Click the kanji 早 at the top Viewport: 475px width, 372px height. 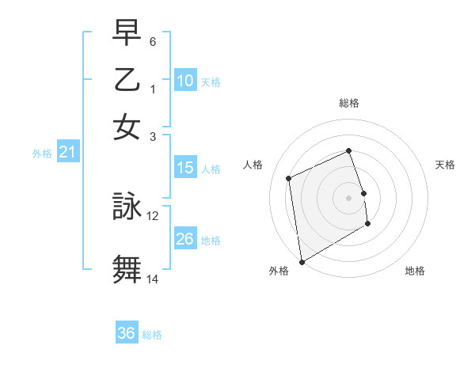127,33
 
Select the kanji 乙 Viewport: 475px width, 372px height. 127,80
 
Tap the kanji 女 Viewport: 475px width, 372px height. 127,127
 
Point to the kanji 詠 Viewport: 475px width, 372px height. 127,206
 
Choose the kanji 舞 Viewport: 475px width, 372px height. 127,268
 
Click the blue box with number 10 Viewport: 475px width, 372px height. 184,81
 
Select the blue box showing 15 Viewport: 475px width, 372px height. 184,168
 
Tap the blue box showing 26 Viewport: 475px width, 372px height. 184,239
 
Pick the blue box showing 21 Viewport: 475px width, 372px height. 67,153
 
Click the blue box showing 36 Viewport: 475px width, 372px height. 126,333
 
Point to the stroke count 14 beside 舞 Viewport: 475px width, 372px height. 153,278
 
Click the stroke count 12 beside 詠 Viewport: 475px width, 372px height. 153,215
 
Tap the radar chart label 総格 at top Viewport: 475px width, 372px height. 349,103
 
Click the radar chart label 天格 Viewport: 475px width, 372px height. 445,165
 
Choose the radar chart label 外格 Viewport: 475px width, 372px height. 279,271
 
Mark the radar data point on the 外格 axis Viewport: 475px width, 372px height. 302,261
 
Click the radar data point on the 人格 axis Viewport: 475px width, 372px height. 289,178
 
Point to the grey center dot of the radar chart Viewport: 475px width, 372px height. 349,197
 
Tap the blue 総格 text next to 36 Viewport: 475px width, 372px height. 152,335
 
